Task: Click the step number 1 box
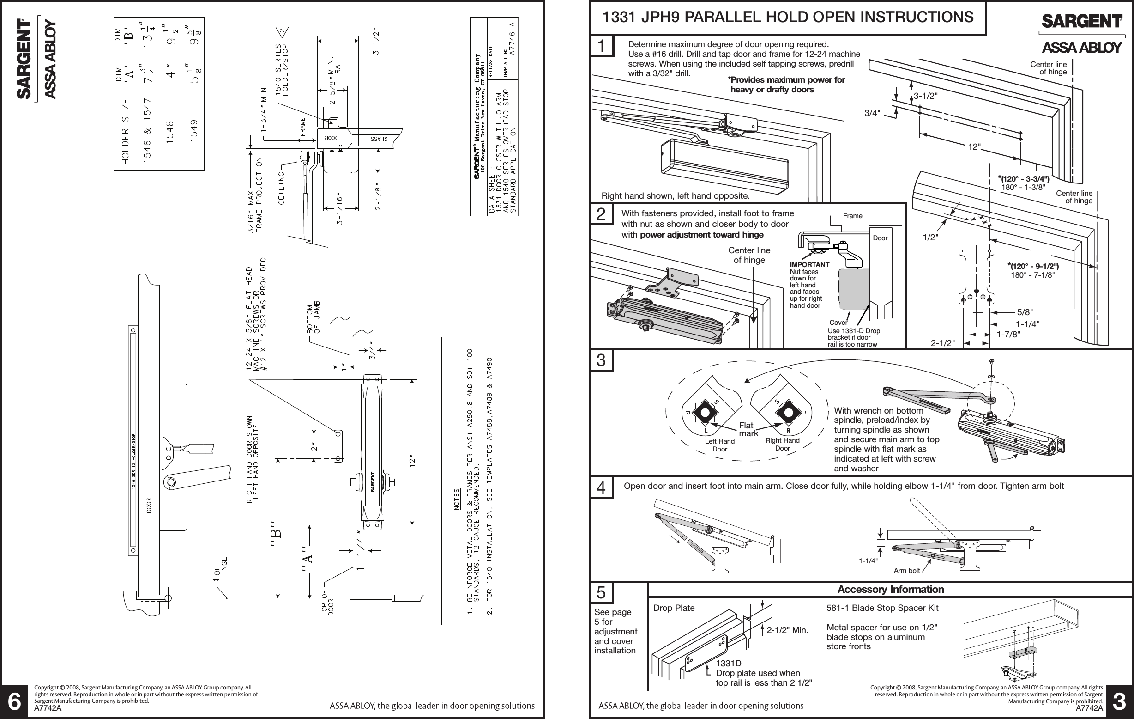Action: click(x=601, y=46)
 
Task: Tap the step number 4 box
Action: click(x=601, y=487)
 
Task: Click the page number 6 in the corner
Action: click(x=15, y=702)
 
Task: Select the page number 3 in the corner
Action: click(x=1119, y=702)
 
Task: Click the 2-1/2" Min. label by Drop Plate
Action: click(x=787, y=630)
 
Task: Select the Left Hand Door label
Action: click(x=719, y=445)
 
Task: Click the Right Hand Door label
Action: click(x=782, y=445)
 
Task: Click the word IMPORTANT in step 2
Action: click(x=809, y=265)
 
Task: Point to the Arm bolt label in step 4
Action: click(x=906, y=571)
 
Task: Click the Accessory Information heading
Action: click(x=891, y=590)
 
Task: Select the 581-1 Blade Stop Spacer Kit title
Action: click(x=882, y=608)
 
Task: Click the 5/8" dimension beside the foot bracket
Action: click(x=1025, y=312)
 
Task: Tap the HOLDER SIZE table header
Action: click(x=125, y=132)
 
